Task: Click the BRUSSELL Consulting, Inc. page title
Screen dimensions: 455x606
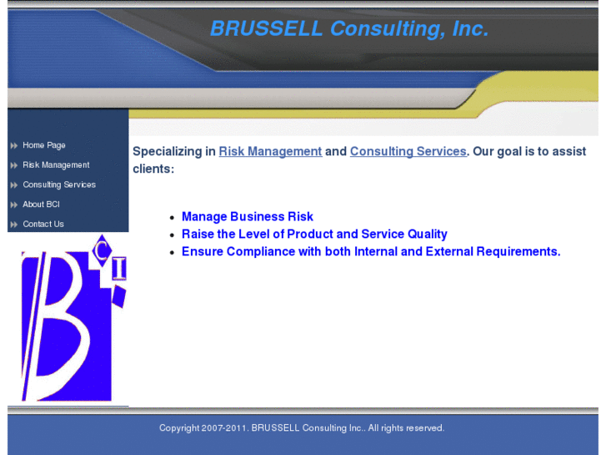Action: (x=348, y=29)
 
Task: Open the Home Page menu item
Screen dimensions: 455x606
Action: (x=44, y=145)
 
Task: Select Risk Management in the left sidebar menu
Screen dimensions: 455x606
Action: (x=56, y=165)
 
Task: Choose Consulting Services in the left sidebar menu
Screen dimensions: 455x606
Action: (x=59, y=185)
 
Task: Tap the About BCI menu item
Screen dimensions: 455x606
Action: (x=41, y=205)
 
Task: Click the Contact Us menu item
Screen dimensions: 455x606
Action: (x=43, y=224)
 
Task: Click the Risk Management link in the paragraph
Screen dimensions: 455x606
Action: (x=270, y=151)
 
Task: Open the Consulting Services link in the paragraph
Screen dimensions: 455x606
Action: (x=408, y=151)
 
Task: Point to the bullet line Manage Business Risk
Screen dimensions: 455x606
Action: (x=248, y=217)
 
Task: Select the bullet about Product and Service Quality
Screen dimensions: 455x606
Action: (x=314, y=235)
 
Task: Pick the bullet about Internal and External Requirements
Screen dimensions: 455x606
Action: (x=371, y=251)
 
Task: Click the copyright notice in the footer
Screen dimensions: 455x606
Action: (x=302, y=428)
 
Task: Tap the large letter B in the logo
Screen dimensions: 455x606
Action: (x=58, y=326)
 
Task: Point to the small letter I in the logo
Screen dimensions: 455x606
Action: (x=118, y=268)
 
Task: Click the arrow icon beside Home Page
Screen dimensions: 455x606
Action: (x=14, y=146)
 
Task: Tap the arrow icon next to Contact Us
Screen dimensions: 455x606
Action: (x=14, y=225)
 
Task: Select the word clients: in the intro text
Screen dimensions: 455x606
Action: (x=153, y=169)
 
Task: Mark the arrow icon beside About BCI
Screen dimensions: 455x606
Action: (x=14, y=205)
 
